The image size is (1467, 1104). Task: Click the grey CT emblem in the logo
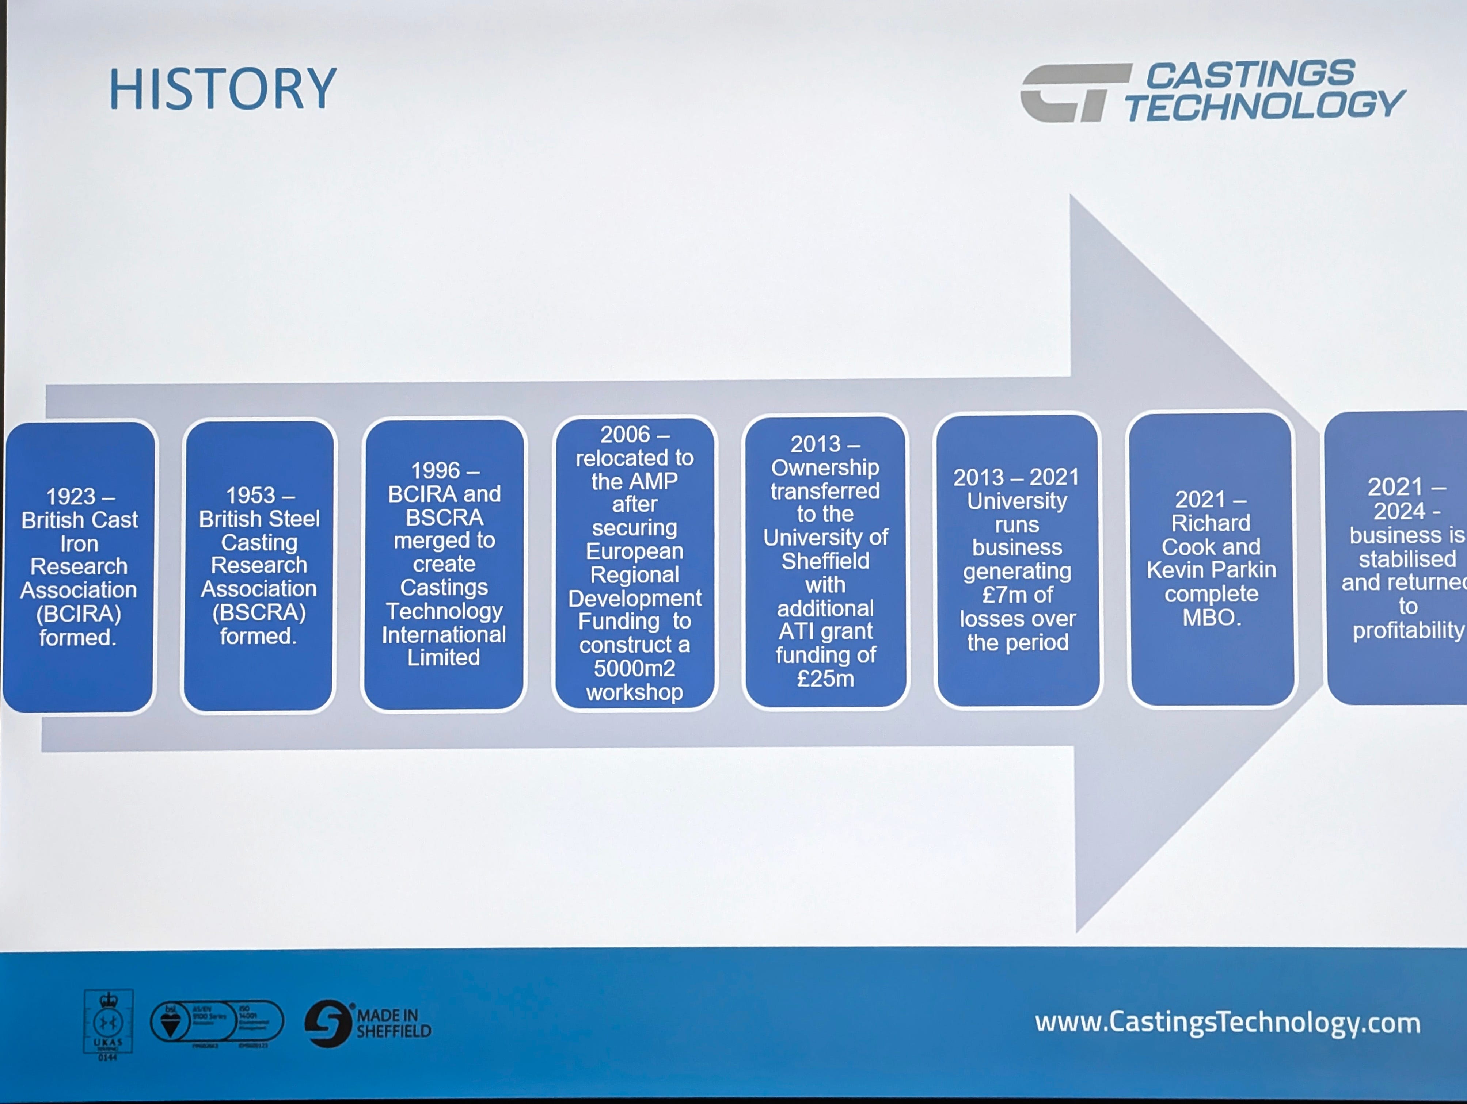point(1074,93)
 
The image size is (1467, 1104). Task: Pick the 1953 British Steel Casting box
point(259,566)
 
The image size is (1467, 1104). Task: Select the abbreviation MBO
point(1211,617)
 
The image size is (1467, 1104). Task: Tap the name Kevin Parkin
point(1211,570)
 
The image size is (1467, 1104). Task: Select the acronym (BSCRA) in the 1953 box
point(259,612)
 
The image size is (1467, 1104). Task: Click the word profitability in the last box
point(1407,630)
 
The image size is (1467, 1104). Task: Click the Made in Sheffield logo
point(368,1023)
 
